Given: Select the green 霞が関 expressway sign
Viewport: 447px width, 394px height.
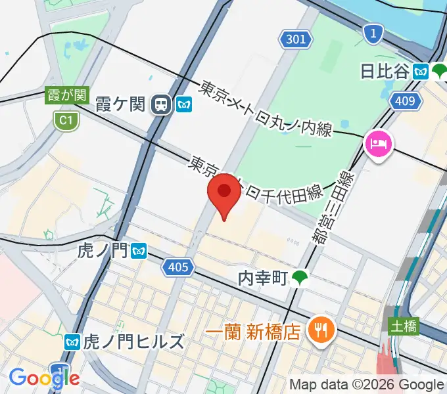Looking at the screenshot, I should [66, 95].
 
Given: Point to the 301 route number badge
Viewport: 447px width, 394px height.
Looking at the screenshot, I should [296, 39].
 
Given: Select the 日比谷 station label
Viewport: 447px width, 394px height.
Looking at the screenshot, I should [385, 71].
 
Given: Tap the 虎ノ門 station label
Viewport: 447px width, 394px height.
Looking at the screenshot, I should [103, 250].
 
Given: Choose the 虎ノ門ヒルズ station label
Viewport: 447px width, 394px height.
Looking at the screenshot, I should [134, 342].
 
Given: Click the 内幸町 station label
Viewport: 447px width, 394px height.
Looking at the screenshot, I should [264, 278].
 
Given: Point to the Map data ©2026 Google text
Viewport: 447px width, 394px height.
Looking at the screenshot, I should [367, 384].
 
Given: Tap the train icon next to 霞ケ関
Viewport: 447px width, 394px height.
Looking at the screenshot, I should [160, 104].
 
